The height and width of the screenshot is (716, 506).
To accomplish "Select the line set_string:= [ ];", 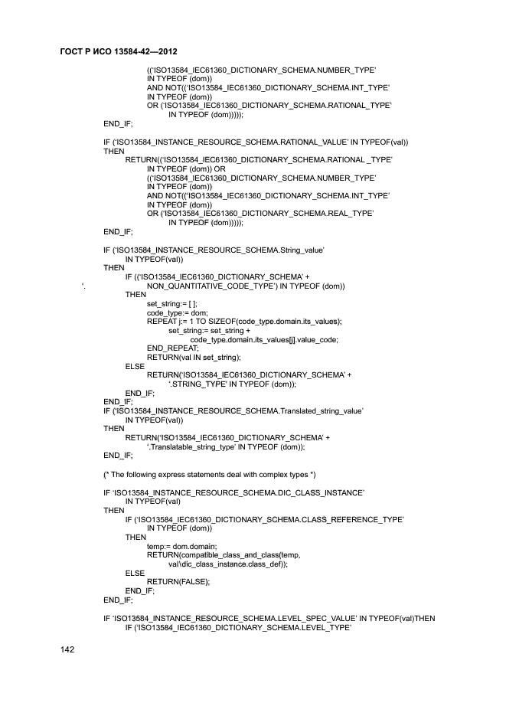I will point(172,303).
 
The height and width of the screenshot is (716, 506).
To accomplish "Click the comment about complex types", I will point(205,474).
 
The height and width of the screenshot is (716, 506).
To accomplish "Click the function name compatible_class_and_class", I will point(230,555).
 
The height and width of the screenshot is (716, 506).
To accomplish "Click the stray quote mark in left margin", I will point(83,286).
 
